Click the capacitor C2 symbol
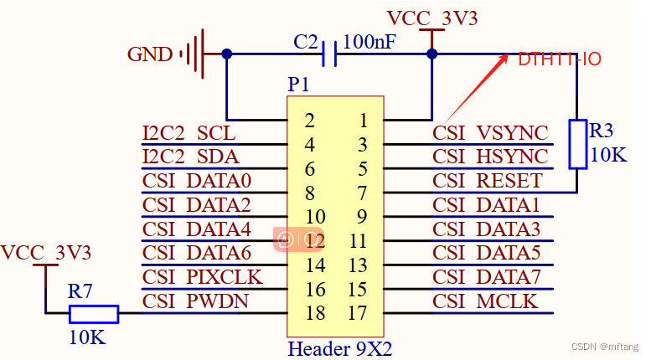pyautogui.click(x=329, y=54)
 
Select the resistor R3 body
pyautogui.click(x=578, y=143)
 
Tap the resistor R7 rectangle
pyautogui.click(x=93, y=314)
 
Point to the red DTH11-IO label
pyautogui.click(x=559, y=59)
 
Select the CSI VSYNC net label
pyautogui.click(x=490, y=133)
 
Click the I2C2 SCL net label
pyautogui.click(x=189, y=133)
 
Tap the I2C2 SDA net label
pyautogui.click(x=190, y=157)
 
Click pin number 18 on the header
pyautogui.click(x=314, y=314)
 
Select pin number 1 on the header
pyautogui.click(x=363, y=121)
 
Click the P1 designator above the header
pyautogui.click(x=298, y=85)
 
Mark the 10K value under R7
pyautogui.click(x=87, y=337)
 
